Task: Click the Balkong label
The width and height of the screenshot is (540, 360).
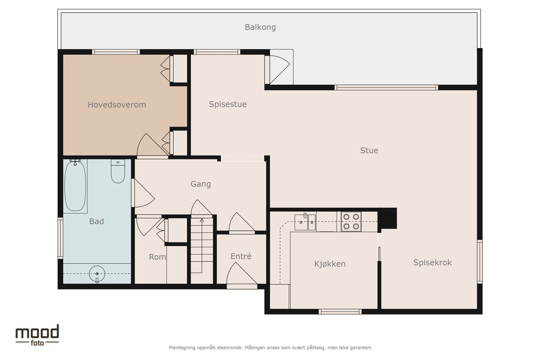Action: click(260, 27)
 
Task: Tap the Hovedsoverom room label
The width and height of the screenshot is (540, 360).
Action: click(117, 105)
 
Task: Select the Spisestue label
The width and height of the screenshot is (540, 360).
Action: click(227, 104)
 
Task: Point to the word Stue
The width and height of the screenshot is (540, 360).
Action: click(369, 150)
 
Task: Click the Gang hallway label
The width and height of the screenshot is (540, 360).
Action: click(200, 184)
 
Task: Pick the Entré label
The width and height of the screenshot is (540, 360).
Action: click(241, 256)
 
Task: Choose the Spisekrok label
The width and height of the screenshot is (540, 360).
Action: click(432, 262)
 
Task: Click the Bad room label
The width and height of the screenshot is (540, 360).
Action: click(97, 221)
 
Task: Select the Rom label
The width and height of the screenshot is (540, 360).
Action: click(157, 257)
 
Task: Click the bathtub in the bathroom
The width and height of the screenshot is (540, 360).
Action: click(75, 186)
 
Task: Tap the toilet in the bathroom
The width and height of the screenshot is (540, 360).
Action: click(118, 171)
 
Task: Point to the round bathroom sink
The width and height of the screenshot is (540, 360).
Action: click(97, 274)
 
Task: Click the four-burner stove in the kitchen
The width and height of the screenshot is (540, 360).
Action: click(351, 221)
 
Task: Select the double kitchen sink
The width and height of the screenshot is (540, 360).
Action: click(305, 222)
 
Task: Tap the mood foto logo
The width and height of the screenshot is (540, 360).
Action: click(37, 335)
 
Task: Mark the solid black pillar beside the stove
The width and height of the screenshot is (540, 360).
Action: click(387, 218)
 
